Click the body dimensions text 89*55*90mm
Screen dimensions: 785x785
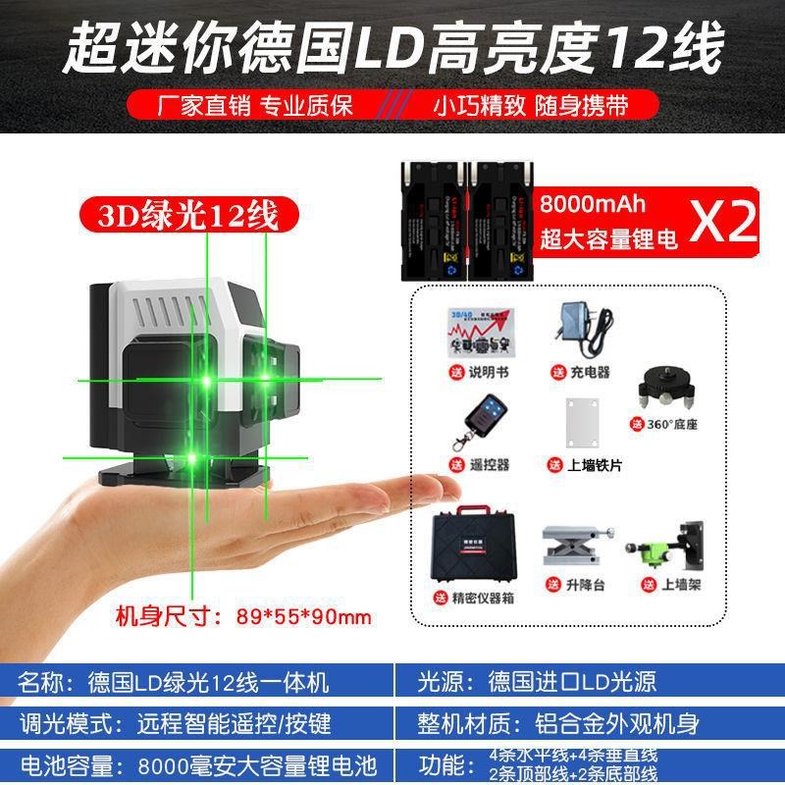(303, 616)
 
